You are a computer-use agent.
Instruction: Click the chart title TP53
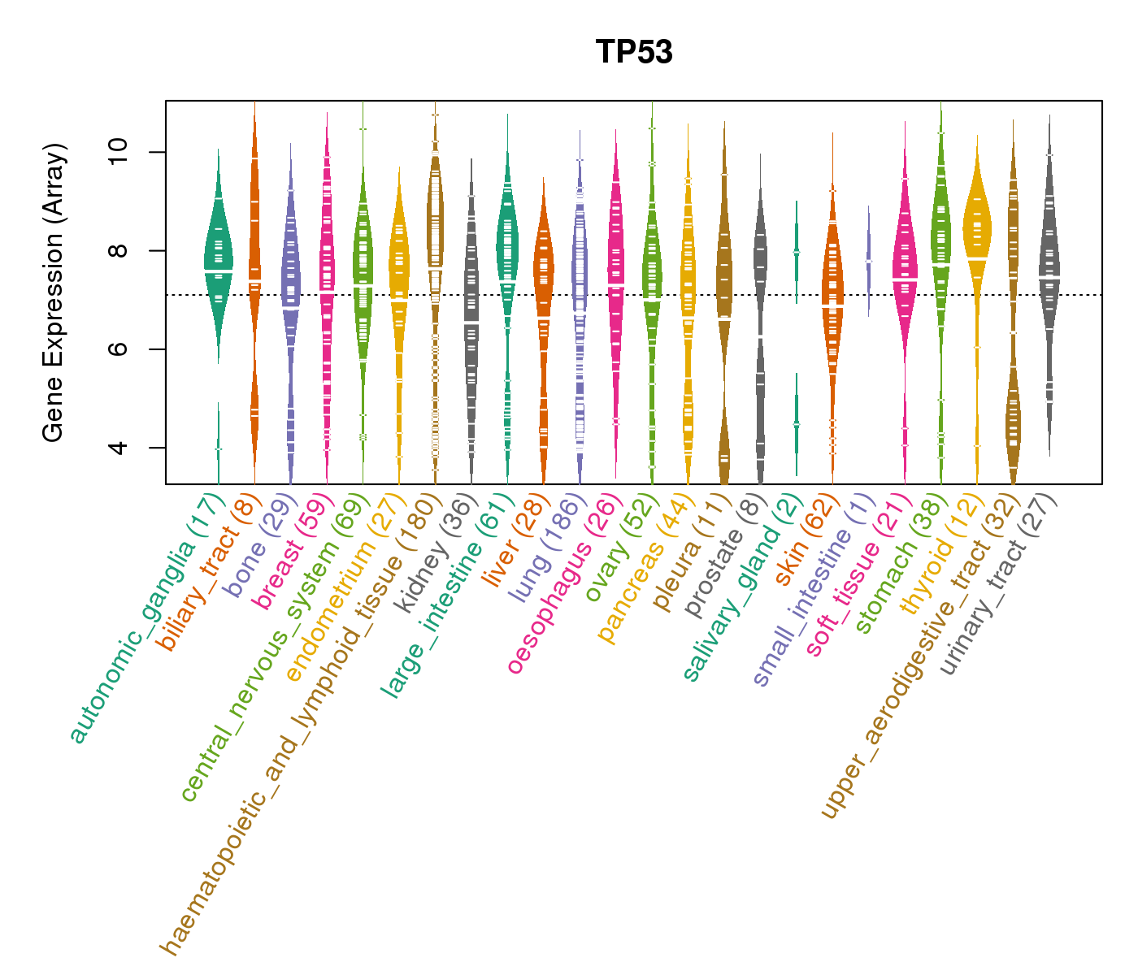coord(634,52)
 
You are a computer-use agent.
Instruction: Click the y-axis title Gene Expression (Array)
coord(54,292)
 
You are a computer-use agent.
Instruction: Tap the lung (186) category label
coord(545,548)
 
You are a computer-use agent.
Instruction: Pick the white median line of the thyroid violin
coord(977,258)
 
